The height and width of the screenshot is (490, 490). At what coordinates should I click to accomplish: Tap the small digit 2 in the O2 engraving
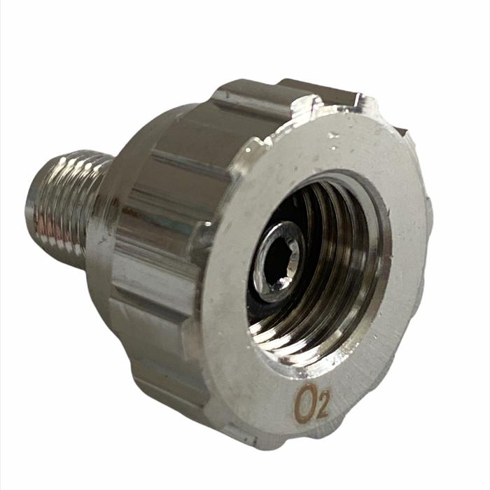click(x=322, y=408)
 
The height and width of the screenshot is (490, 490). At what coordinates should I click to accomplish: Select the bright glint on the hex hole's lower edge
click(x=283, y=283)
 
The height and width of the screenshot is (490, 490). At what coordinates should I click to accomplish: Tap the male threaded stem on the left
click(x=69, y=206)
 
